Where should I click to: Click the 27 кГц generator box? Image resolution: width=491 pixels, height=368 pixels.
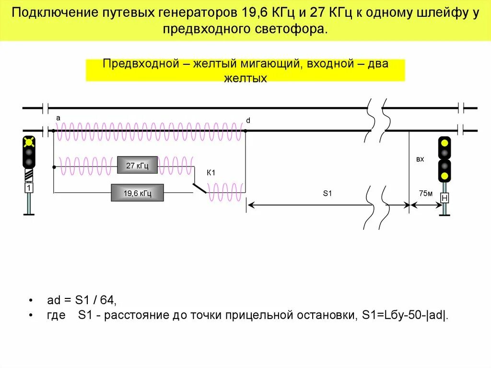[x=137, y=166]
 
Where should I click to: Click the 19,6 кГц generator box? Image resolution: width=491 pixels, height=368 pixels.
[x=137, y=193]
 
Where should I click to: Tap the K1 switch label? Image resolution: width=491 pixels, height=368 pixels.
[x=211, y=173]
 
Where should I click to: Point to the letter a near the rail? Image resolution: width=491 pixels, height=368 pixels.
[x=58, y=118]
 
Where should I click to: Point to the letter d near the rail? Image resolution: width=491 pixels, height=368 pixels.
[x=248, y=120]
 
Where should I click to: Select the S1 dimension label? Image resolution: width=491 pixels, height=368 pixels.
[x=327, y=193]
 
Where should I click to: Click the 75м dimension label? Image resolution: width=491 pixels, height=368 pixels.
[x=426, y=193]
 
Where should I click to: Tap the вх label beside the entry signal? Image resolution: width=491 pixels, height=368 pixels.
[x=420, y=159]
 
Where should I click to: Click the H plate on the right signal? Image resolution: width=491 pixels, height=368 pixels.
[x=444, y=197]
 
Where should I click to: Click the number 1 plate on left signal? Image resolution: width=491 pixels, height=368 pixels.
[x=29, y=188]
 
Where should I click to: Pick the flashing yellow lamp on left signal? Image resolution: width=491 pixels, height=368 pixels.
[x=29, y=142]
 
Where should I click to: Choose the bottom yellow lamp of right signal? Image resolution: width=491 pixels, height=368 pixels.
[x=444, y=165]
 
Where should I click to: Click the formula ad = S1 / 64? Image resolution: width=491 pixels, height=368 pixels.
[x=82, y=300]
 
